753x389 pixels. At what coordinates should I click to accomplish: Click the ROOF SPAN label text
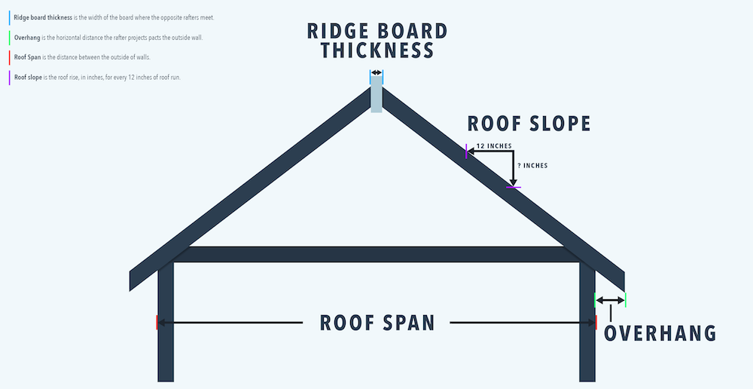377,323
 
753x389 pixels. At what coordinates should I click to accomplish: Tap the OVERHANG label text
660,333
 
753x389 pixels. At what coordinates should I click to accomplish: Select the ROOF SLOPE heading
529,124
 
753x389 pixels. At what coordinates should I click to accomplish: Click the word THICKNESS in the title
377,51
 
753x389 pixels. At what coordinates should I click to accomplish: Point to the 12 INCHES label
494,146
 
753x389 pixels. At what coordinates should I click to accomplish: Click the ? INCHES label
532,166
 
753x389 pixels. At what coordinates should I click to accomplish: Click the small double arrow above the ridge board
376,73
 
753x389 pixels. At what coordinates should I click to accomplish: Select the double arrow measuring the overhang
610,301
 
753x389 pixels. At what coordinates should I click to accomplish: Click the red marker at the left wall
157,323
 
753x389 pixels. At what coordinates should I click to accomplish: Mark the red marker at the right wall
596,323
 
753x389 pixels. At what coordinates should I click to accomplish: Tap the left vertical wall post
166,332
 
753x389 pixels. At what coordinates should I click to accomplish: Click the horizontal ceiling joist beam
376,254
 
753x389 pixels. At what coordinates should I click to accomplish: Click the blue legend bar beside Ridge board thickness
9,17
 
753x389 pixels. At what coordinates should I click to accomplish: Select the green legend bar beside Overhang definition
9,37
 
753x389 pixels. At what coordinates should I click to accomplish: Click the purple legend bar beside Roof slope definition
9,77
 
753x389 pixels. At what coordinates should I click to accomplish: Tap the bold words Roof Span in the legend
26,57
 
